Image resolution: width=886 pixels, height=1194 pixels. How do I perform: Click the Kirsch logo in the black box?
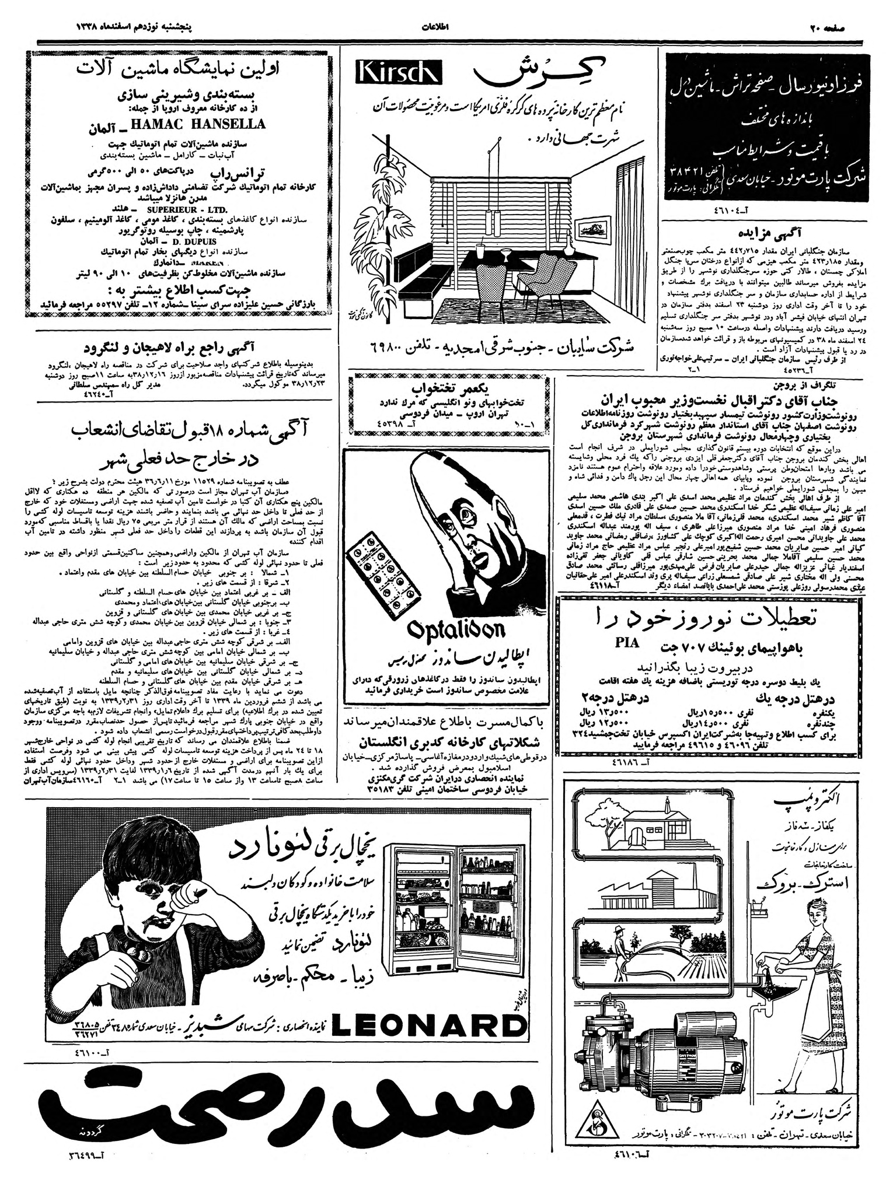click(x=399, y=73)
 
